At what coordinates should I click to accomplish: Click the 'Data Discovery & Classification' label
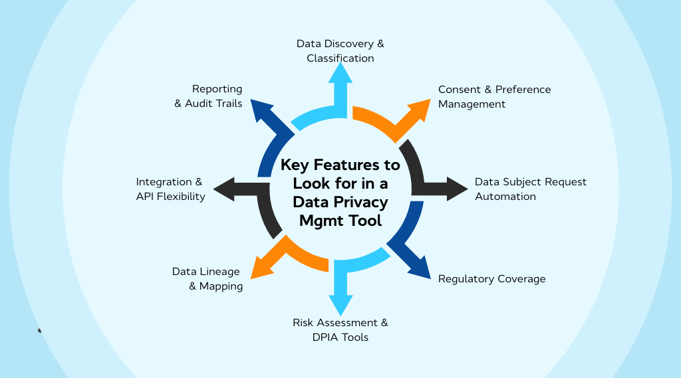click(x=340, y=51)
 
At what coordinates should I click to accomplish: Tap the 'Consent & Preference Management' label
click(x=494, y=97)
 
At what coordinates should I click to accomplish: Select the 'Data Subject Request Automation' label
click(x=530, y=189)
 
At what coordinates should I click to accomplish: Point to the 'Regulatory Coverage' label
click(x=491, y=279)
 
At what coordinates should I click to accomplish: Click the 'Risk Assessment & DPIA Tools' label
click(x=340, y=330)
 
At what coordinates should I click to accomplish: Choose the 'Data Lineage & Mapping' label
click(x=207, y=279)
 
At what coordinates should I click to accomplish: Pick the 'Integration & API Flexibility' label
click(x=170, y=189)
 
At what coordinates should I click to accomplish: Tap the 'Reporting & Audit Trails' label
click(x=209, y=96)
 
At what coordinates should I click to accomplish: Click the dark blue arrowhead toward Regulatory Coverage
click(x=420, y=268)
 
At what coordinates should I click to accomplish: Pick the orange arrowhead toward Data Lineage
click(x=260, y=268)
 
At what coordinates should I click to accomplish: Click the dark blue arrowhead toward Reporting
click(x=260, y=110)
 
